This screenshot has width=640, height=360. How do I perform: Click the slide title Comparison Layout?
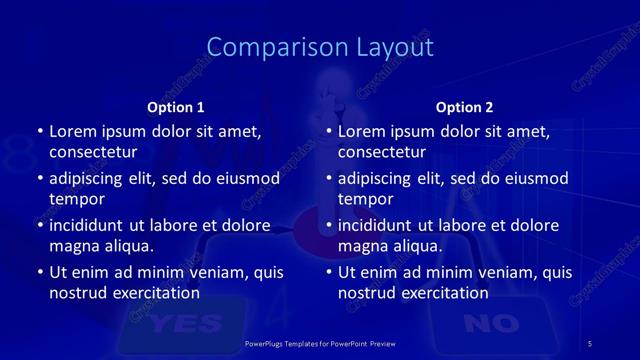pos(320,47)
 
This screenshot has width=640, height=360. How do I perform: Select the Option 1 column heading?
pos(176,108)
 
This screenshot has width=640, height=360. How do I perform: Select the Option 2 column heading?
pos(465,108)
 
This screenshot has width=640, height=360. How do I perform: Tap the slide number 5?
pos(590,343)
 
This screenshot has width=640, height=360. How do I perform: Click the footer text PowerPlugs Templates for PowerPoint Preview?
pos(320,343)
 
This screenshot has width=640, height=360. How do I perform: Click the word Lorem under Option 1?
pos(72,131)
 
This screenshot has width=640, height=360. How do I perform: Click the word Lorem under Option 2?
pos(361,131)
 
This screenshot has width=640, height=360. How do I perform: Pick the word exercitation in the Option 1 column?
pos(154,293)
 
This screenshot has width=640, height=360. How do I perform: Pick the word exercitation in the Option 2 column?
pos(443,293)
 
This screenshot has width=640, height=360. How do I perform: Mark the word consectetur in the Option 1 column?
pos(93,152)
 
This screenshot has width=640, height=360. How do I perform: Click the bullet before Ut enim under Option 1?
pos(39,272)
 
